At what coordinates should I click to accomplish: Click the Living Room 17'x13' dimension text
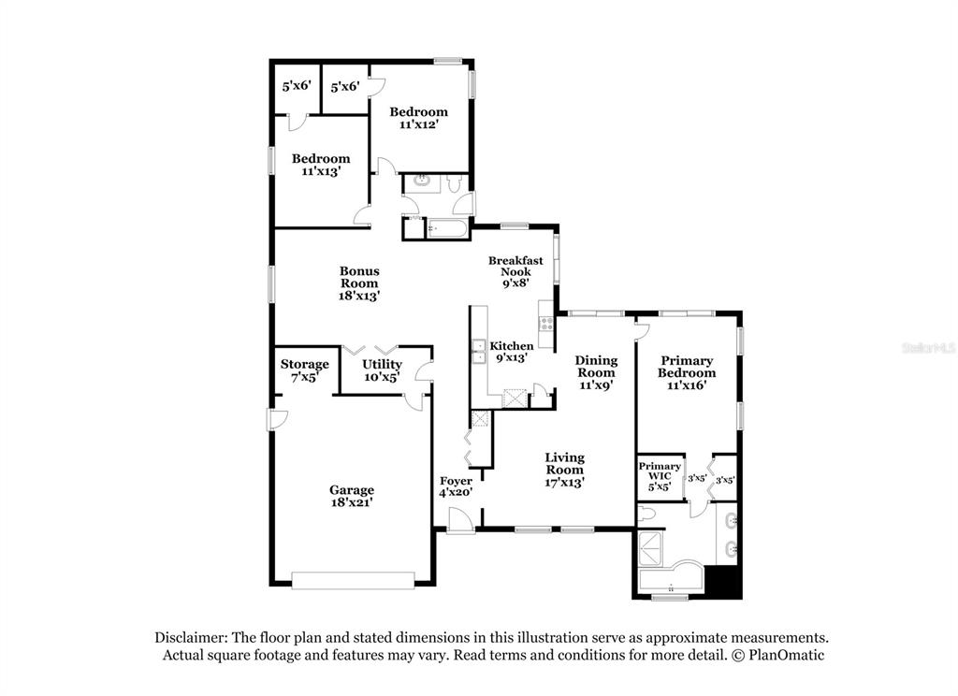pyautogui.click(x=564, y=482)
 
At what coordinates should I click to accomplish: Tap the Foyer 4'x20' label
pyautogui.click(x=456, y=486)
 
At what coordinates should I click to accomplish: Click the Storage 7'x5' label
pyautogui.click(x=304, y=370)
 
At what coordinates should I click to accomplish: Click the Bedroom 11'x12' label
pyautogui.click(x=418, y=118)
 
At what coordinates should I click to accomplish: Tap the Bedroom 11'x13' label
pyautogui.click(x=321, y=165)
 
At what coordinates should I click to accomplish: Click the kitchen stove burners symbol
pyautogui.click(x=546, y=324)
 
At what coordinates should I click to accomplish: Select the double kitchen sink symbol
pyautogui.click(x=478, y=352)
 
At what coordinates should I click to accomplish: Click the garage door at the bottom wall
pyautogui.click(x=353, y=581)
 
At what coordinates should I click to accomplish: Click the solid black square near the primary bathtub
pyautogui.click(x=723, y=582)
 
